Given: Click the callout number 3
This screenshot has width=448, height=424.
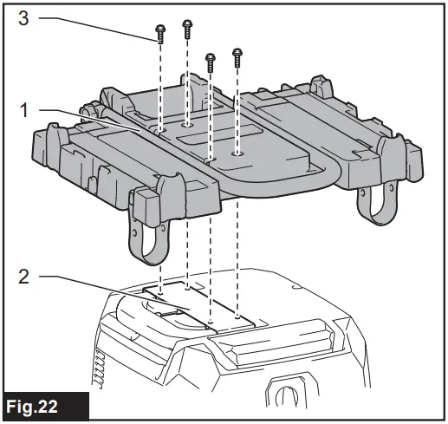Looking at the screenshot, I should click(x=23, y=18).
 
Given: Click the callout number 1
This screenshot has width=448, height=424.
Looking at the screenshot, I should click(x=23, y=110).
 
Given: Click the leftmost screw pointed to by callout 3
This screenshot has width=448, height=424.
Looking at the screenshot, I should click(x=160, y=33).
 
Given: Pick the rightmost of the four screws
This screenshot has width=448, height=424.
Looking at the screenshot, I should click(x=237, y=58).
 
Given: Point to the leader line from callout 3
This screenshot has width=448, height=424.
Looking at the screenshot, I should click(x=95, y=22).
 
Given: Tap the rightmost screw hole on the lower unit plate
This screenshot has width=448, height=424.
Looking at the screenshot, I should click(x=235, y=316).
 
